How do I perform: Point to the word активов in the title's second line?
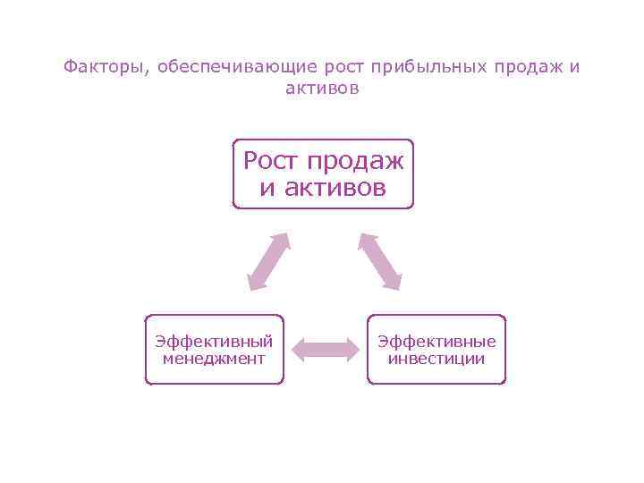322,89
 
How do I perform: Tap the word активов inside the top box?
335,188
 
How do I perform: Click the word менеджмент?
214,359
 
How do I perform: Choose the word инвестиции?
436,359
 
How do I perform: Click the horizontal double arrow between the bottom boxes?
325,349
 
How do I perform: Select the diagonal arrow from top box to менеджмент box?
267,261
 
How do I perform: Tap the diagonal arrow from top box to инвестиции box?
380,261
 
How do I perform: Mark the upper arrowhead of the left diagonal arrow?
282,241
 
